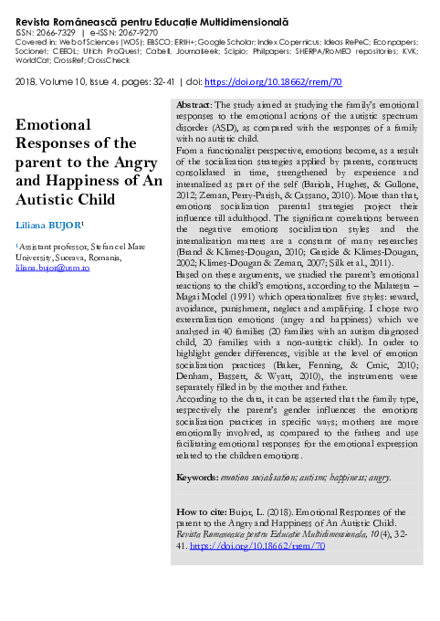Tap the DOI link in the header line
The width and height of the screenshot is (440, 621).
(x=275, y=81)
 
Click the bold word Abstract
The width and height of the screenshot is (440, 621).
(x=193, y=132)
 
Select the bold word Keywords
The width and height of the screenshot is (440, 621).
(x=196, y=478)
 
